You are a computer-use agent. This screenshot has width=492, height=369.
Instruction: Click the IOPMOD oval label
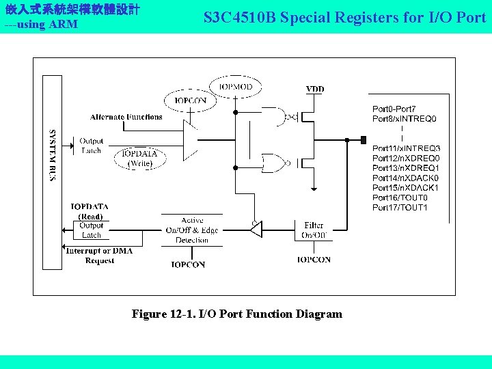235,87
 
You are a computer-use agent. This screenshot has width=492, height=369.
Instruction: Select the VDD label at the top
315,89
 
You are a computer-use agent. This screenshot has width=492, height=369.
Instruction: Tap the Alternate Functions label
126,117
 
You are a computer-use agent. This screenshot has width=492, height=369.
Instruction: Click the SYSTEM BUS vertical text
53,155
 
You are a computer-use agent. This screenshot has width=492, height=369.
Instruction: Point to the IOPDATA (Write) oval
139,159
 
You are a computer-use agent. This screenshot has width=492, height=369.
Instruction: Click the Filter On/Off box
314,230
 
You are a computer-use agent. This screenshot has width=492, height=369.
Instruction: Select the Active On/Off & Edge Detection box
192,230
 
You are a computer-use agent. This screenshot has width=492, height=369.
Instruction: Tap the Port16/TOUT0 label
400,197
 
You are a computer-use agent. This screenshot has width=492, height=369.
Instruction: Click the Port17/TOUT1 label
400,208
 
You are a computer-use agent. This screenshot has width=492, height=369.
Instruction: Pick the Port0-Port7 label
394,109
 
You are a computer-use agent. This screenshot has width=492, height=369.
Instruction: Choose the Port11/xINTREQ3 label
406,148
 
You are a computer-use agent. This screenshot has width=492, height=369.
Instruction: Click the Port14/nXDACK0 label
405,178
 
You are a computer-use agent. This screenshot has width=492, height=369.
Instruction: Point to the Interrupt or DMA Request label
99,256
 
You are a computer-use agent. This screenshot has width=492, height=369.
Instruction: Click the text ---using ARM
40,25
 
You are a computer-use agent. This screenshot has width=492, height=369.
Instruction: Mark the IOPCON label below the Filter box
314,260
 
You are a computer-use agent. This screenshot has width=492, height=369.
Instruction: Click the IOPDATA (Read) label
90,211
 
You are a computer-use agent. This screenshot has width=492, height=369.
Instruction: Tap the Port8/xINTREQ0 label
404,119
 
